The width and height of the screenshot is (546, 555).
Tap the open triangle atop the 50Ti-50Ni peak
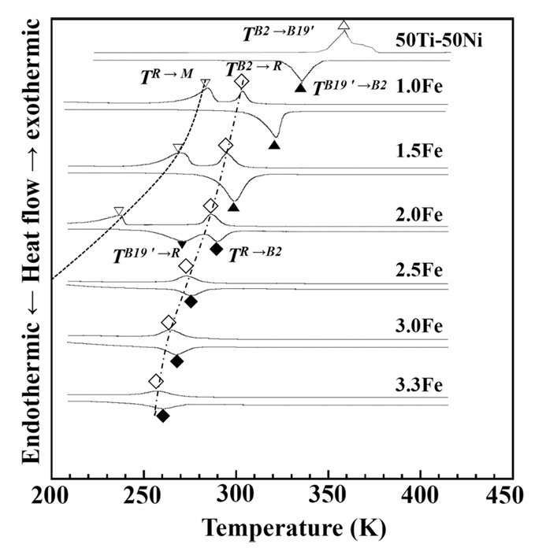(x=344, y=26)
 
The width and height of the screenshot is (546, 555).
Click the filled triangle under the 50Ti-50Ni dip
(x=300, y=87)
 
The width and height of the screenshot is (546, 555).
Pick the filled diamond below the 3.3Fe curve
(x=163, y=416)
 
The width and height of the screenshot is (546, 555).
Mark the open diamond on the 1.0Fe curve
(x=242, y=82)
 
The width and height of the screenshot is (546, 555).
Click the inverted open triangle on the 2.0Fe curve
(x=119, y=211)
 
